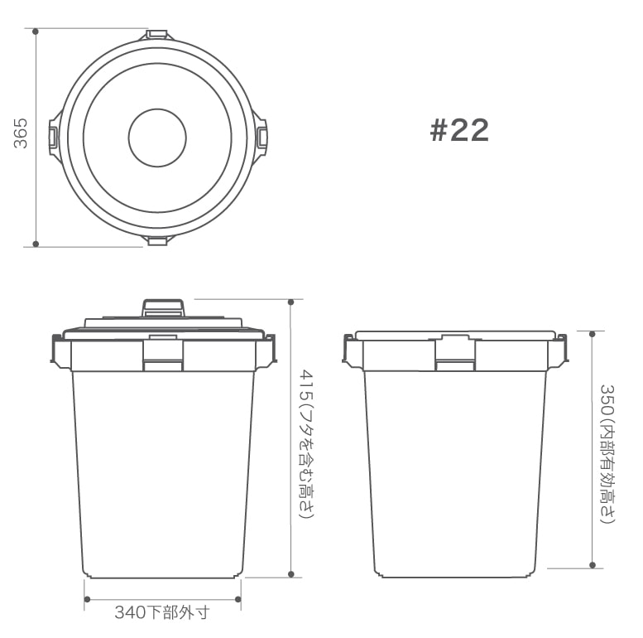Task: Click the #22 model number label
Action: [459, 130]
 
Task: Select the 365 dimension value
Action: [21, 133]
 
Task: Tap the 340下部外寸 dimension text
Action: [162, 613]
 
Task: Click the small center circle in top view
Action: [157, 137]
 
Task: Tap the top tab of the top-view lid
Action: [157, 35]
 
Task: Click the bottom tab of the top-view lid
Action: [157, 239]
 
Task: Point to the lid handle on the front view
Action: [162, 307]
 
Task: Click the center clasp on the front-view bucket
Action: [162, 355]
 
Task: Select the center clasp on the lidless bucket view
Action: [454, 354]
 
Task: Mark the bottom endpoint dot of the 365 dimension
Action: [36, 244]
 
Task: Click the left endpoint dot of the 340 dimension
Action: [85, 598]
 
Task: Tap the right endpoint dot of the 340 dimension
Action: [238, 598]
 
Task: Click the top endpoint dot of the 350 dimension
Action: [593, 333]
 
